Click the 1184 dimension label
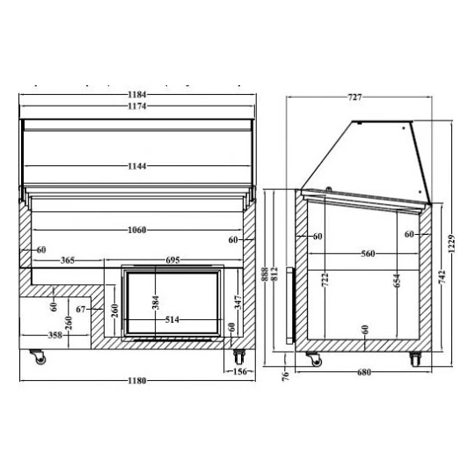pyautogui.click(x=137, y=94)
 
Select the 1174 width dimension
pyautogui.click(x=137, y=106)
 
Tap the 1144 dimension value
pyautogui.click(x=137, y=166)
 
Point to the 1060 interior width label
pyautogui.click(x=137, y=230)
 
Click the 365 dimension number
pyautogui.click(x=68, y=260)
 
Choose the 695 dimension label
pyautogui.click(x=172, y=259)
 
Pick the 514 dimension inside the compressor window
pyautogui.click(x=172, y=319)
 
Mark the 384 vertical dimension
pyautogui.click(x=156, y=303)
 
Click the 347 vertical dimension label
pyautogui.click(x=238, y=303)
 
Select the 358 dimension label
pyautogui.click(x=55, y=335)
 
